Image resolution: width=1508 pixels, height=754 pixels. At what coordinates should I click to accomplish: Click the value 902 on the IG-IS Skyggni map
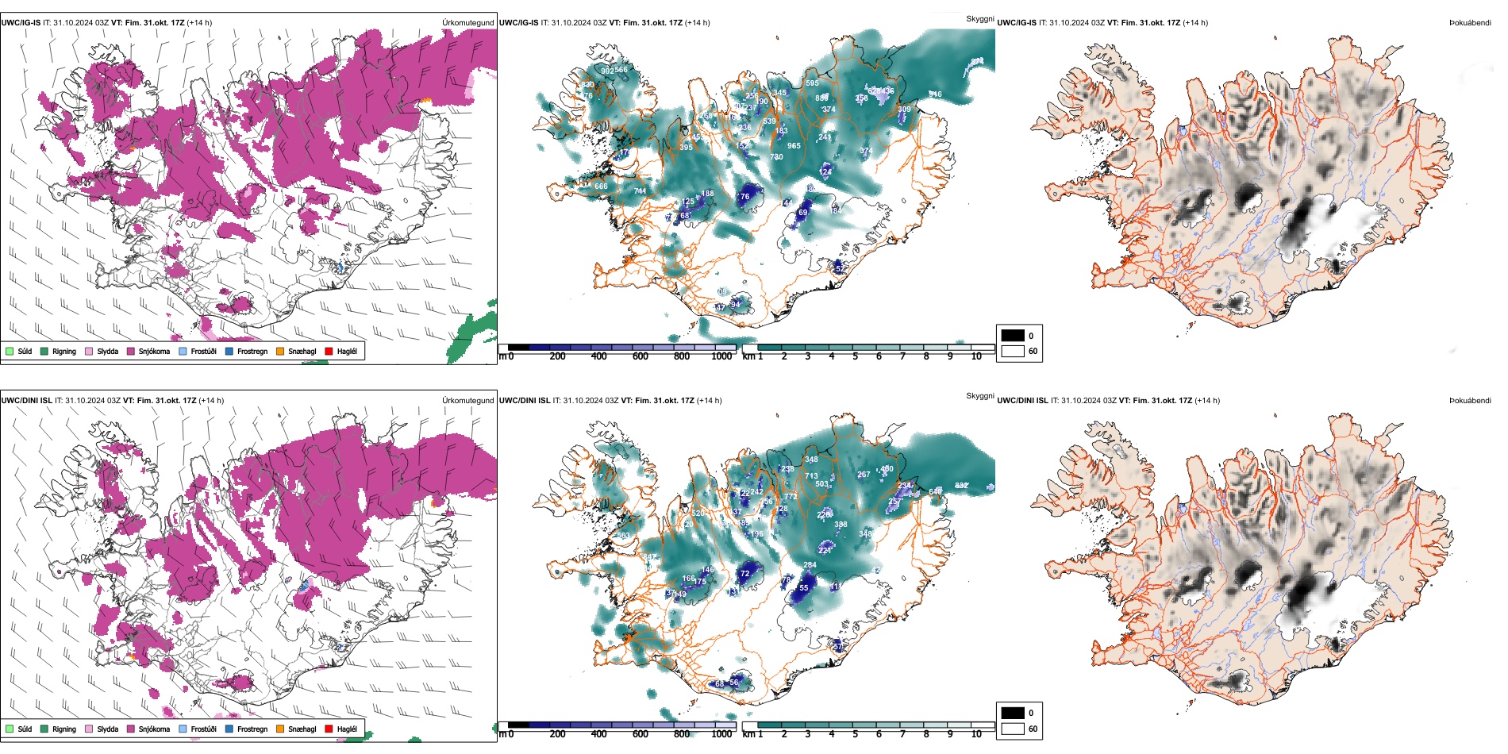606,71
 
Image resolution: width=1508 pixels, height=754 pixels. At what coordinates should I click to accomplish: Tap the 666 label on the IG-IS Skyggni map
601,187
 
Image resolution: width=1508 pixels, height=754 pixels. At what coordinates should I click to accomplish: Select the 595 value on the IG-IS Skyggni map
812,83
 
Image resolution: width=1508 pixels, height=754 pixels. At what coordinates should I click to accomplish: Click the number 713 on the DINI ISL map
811,476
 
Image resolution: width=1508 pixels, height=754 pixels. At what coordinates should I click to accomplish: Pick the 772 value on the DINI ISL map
791,497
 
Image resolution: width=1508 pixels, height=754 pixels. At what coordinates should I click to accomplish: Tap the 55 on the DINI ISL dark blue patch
803,588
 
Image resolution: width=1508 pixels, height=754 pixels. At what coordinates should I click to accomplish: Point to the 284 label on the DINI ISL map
810,565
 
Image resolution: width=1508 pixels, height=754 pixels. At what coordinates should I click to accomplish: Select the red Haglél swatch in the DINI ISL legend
329,729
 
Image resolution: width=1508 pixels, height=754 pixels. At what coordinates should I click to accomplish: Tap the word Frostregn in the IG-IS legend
252,351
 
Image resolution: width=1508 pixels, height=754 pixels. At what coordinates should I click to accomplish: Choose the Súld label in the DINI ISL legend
25,729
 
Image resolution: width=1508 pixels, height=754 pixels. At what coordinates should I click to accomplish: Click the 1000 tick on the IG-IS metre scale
721,356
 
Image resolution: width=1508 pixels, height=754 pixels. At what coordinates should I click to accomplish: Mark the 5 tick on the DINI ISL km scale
855,734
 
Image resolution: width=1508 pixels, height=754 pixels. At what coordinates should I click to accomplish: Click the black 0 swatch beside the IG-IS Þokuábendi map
1013,336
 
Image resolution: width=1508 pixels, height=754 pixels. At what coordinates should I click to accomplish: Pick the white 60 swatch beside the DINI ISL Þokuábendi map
1013,729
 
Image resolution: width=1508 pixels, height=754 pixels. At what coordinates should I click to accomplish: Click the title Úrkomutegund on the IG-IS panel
468,23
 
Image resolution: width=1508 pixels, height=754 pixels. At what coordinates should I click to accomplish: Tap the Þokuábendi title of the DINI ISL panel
1470,401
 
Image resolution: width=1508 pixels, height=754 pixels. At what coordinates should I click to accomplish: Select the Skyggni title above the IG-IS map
979,19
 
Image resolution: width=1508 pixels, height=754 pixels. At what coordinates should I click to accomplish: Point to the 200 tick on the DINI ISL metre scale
557,734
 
